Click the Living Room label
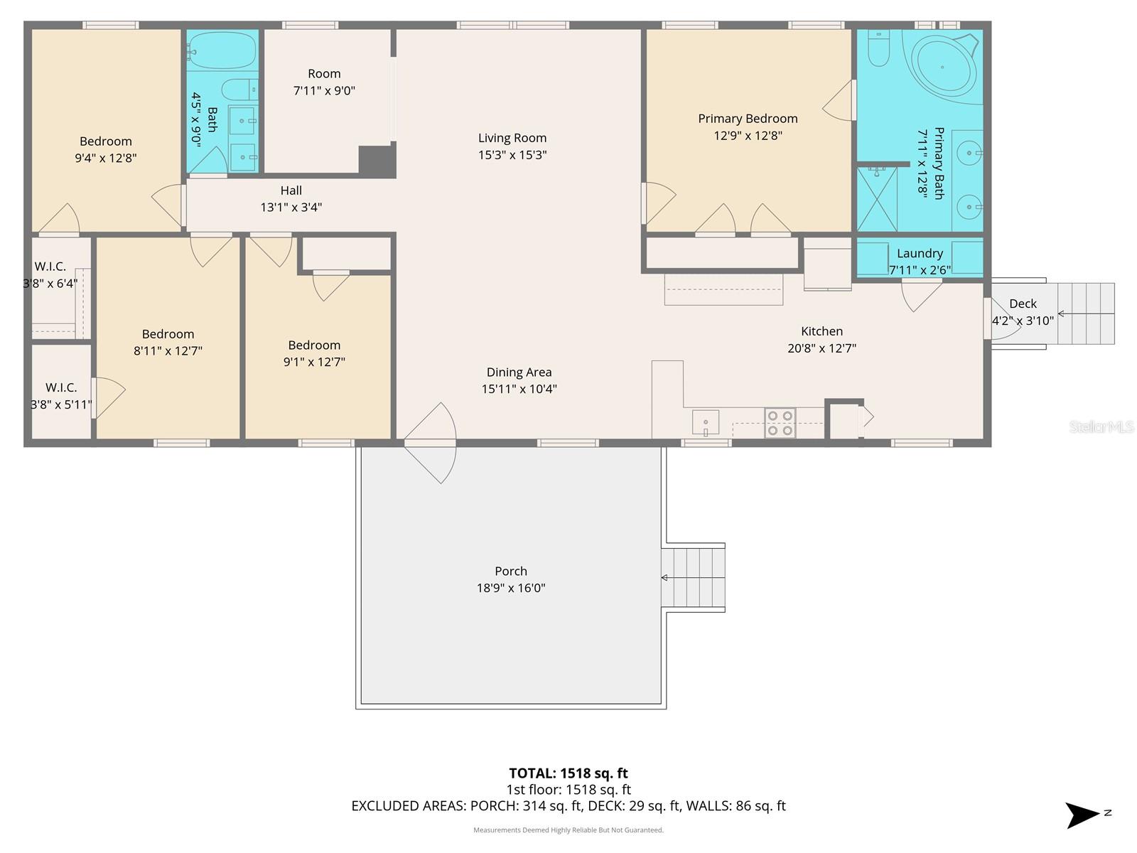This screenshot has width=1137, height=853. (512, 138)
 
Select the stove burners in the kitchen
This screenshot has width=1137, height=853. (780, 423)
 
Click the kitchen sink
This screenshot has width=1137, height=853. (705, 422)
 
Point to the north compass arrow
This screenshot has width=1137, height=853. (1082, 815)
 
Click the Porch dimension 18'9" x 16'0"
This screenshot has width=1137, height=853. (511, 588)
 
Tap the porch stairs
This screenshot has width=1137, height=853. (693, 577)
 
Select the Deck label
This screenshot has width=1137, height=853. (1023, 304)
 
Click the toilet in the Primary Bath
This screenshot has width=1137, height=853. (879, 48)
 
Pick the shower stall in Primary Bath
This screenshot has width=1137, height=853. (877, 199)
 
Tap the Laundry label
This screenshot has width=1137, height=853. (920, 253)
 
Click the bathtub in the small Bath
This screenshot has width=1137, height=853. (222, 50)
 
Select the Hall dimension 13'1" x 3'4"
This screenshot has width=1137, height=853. (291, 208)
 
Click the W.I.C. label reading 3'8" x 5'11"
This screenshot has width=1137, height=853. (61, 404)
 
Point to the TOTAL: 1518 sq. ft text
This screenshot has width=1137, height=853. (568, 773)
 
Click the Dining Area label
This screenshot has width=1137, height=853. (519, 372)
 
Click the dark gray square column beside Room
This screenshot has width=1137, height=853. (375, 161)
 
